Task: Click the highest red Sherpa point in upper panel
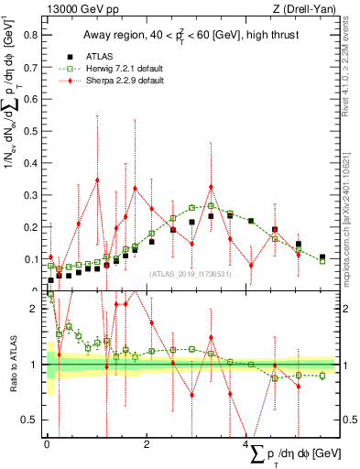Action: tap(97, 180)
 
